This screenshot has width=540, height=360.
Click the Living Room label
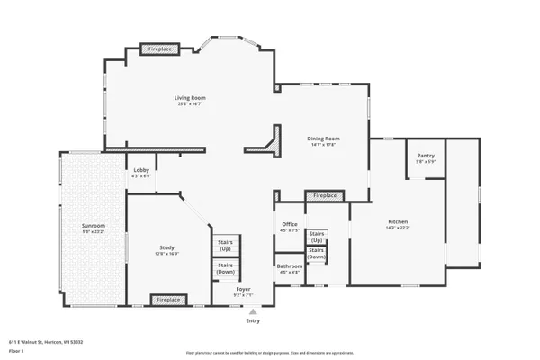pos(191,97)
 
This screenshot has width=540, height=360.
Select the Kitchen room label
pos(399,220)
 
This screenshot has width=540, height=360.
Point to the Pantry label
pos(426,156)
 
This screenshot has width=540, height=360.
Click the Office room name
pos(289,224)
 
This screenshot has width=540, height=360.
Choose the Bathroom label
pos(289,265)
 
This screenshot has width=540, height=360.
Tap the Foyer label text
pos(243,288)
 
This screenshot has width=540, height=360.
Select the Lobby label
pos(141,170)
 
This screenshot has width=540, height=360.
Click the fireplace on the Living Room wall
pos(159,48)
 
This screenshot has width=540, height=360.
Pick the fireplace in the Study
pos(168,299)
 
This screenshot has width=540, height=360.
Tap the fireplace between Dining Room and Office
pos(324,195)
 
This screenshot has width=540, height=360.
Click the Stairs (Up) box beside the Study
pos(225,245)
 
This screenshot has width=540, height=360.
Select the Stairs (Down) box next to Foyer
pos(225,267)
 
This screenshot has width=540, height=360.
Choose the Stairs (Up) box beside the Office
pos(317,237)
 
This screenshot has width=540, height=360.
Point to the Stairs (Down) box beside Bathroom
pos(317,255)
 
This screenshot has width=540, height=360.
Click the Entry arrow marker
pos(252,311)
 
